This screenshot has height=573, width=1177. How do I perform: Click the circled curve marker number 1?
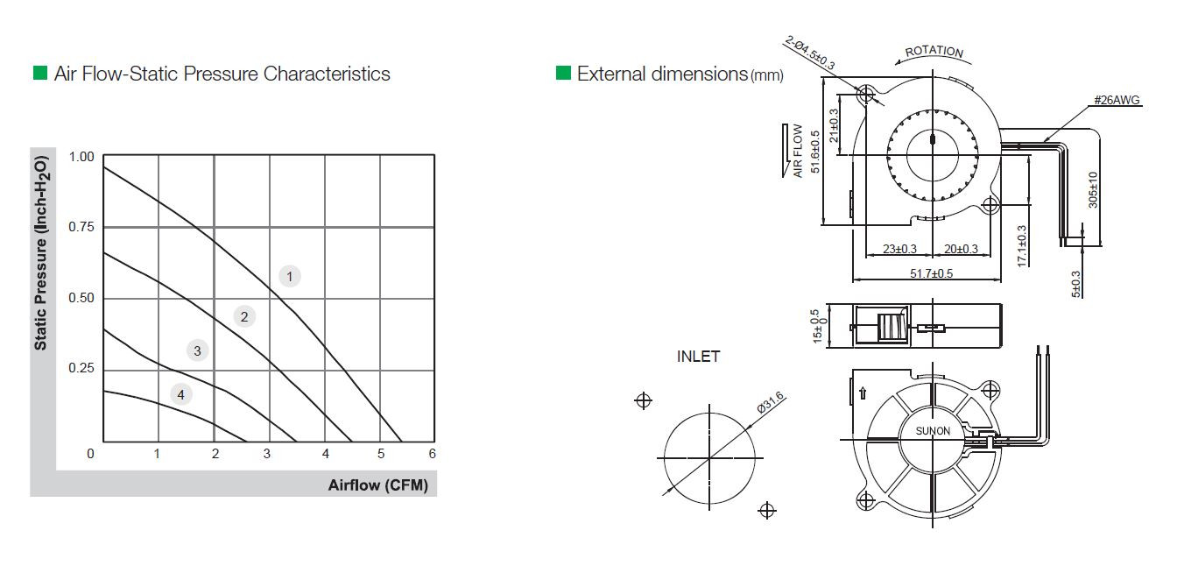[290, 276]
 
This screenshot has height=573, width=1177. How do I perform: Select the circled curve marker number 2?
[245, 316]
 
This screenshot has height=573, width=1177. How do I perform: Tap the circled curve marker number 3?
[198, 351]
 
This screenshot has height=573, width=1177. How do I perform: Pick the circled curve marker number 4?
[180, 394]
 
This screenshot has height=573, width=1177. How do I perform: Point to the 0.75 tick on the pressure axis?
[81, 228]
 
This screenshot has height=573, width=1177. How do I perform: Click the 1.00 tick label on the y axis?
[81, 157]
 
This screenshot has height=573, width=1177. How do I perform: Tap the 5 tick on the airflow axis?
[381, 454]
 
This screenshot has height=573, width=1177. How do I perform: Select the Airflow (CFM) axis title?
[378, 485]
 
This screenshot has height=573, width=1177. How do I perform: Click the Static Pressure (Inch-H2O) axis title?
[41, 251]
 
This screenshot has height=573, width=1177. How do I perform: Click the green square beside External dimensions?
[563, 73]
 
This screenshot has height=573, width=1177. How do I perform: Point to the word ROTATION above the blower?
[934, 52]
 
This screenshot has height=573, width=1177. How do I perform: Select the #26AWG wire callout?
[1117, 101]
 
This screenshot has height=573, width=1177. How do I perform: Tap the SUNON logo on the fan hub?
[933, 431]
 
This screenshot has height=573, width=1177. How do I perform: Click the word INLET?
[698, 357]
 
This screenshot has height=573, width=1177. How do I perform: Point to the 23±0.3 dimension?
[899, 250]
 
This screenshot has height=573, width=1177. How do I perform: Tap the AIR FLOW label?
[798, 151]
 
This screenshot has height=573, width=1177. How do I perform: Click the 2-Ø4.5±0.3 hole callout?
[811, 53]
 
